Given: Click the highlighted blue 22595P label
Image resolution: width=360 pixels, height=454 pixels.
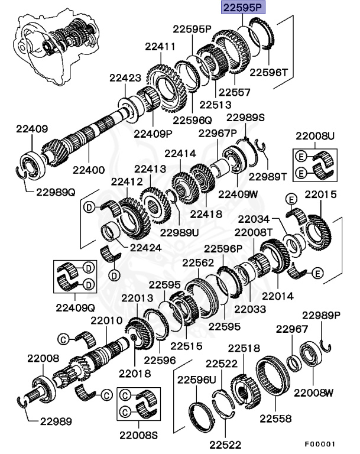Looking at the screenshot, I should click(243, 9).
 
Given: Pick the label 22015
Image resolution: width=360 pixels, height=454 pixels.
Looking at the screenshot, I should click(321, 194).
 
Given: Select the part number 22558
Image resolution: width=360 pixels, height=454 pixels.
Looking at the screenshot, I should click(275, 419).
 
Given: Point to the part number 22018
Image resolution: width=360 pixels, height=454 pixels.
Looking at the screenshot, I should click(134, 373).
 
